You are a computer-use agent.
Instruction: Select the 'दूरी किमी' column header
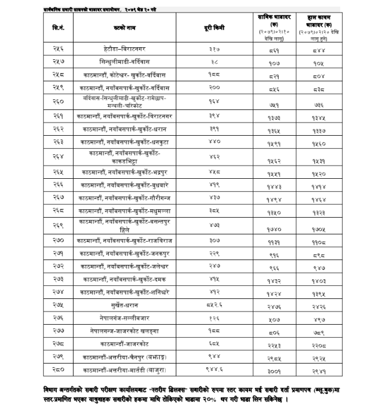(212, 28)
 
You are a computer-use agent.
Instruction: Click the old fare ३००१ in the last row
(274, 372)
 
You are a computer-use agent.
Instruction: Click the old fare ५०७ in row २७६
(274, 318)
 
